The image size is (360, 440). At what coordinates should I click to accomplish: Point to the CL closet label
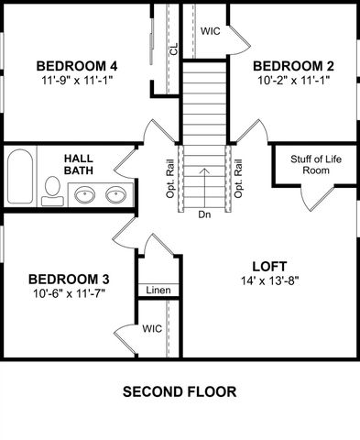pos(172,49)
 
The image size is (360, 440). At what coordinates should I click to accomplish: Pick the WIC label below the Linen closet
pos(152,327)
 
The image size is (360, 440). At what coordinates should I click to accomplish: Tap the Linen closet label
pos(156,291)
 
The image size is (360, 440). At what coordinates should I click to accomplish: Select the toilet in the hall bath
pos(52,190)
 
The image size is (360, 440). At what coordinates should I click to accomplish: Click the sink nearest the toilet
pos(83,194)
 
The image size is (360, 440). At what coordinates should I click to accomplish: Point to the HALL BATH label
pos(80,165)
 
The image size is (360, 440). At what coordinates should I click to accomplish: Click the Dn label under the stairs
pos(203,215)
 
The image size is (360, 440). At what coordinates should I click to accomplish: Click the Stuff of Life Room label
pos(315,165)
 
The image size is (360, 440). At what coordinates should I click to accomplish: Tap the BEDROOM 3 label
pos(69,279)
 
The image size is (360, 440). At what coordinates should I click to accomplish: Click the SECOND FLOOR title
pos(180,391)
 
